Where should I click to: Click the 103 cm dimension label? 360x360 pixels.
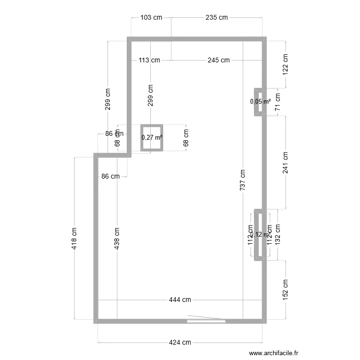151,18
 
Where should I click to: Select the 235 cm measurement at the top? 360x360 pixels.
216,18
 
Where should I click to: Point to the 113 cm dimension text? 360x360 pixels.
149,60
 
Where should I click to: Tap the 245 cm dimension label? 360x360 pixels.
218,60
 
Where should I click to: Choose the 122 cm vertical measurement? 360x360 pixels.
286,64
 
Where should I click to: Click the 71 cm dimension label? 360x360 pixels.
277,102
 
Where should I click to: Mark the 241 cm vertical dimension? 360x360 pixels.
286,163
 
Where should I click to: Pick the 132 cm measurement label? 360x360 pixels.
278,235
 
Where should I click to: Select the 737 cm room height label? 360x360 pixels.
243,180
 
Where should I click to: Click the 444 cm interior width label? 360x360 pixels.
180,300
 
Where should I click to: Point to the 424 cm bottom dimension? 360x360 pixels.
180,343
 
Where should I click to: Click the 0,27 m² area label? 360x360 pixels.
152,138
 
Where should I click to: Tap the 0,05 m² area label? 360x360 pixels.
260,101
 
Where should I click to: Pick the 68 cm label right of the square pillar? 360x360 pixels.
186,138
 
